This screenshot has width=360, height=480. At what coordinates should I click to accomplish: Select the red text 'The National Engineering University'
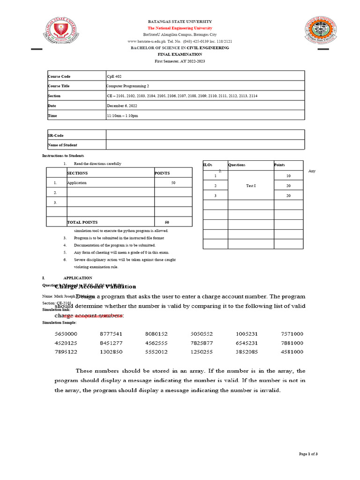coord(180,28)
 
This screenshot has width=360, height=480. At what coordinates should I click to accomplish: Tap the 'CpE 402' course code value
coord(115,76)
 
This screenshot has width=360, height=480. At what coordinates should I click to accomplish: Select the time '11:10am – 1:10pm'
coord(123,116)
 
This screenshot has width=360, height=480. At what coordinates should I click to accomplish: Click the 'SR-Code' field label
coord(56,135)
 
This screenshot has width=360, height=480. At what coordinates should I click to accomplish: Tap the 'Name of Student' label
coord(62,145)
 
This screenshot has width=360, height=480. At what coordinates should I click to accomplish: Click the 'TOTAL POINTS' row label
coord(82,222)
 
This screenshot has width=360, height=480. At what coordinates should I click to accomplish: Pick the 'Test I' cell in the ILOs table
coord(251,186)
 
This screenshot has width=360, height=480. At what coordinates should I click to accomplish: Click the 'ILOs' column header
coord(208,165)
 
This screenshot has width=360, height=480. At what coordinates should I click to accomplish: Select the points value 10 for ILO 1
coord(288,176)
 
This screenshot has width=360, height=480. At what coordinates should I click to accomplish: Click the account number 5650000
coord(66,334)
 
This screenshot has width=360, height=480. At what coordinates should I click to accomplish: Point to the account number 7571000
coord(292,334)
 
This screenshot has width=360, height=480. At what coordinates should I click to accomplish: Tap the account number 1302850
coord(111,352)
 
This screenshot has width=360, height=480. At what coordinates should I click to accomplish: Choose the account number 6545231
coord(247,343)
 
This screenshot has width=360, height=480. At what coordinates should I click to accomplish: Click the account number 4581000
coord(292,352)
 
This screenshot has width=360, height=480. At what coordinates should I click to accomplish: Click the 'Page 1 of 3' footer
coord(308,454)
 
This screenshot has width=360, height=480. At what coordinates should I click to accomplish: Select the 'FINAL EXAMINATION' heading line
coord(180,54)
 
